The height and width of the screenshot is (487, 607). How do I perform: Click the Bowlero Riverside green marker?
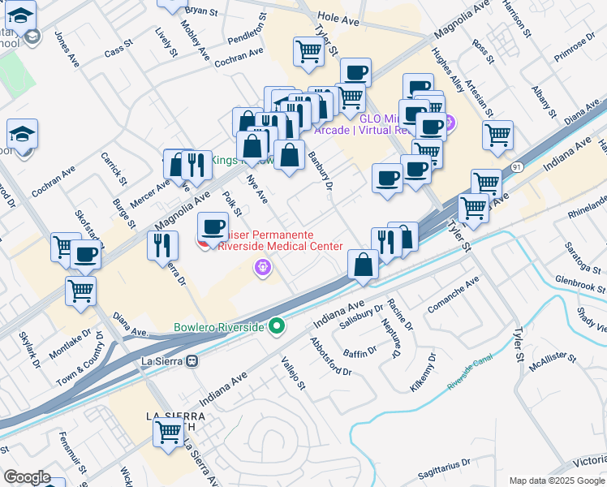[x=277, y=327]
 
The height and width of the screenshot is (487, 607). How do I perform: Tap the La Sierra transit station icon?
[x=192, y=360]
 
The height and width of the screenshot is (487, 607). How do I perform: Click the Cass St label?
[x=118, y=50]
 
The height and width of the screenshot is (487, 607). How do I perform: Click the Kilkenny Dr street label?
[x=424, y=373]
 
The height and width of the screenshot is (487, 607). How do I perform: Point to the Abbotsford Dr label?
[x=330, y=357]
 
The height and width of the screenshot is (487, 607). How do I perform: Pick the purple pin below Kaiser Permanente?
[x=262, y=266]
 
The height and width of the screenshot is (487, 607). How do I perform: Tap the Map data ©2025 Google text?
[x=556, y=481]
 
